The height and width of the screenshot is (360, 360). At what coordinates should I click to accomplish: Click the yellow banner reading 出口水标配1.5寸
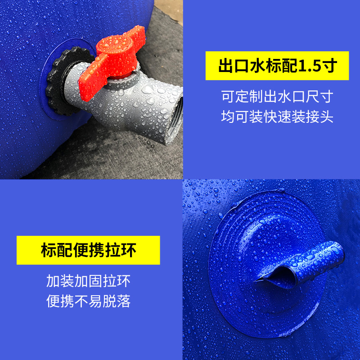click(277, 66)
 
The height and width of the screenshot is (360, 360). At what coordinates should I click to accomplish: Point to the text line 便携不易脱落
click(88, 301)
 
